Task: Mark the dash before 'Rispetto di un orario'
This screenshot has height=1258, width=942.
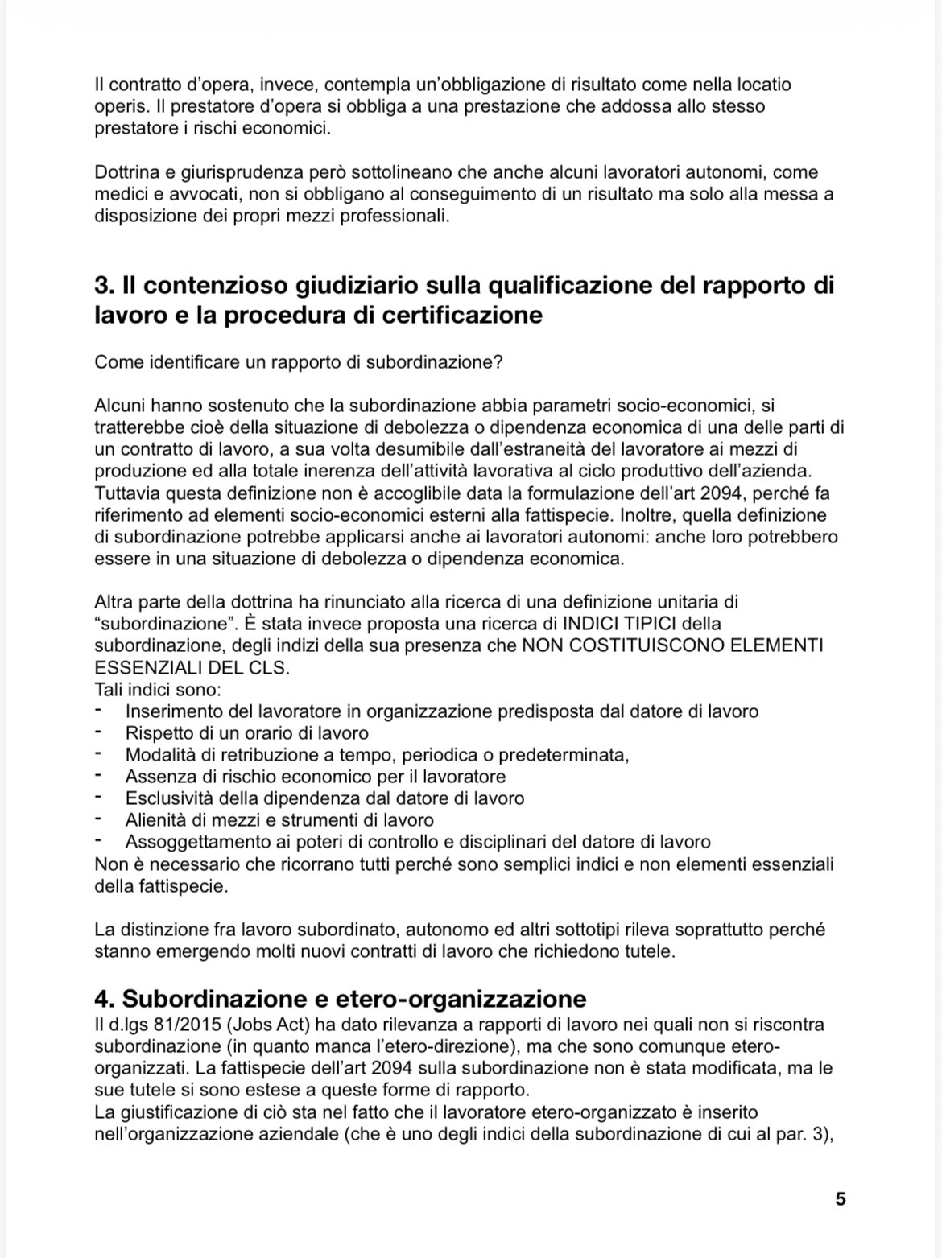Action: [x=98, y=733]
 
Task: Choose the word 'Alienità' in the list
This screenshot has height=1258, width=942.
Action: [x=157, y=820]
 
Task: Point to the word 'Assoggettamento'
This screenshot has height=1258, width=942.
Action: [x=190, y=842]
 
